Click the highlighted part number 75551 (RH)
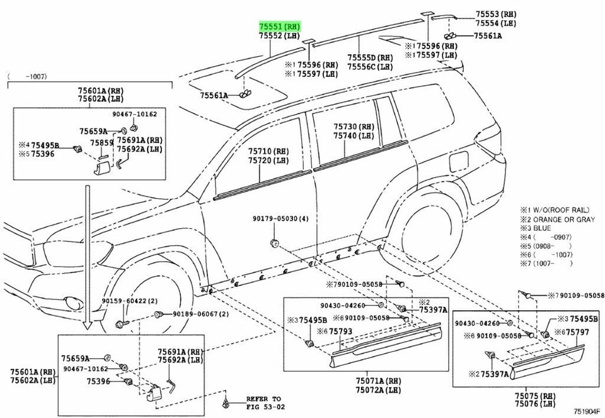click(280, 26)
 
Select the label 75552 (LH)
click(280, 37)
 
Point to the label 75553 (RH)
click(496, 14)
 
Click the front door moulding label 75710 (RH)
click(267, 151)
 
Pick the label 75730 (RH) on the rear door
click(354, 127)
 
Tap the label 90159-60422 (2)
click(127, 301)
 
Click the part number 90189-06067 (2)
click(199, 314)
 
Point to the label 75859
click(101, 143)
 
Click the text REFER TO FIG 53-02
click(263, 403)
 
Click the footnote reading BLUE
click(540, 228)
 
